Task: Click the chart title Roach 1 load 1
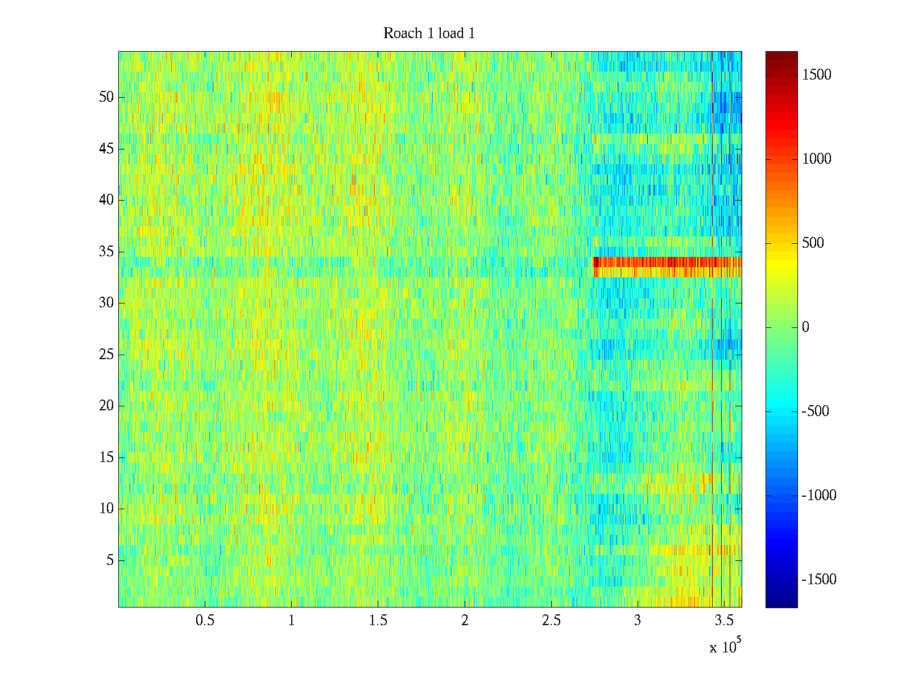tap(429, 34)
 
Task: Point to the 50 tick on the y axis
tap(106, 97)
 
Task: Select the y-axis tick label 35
tap(106, 252)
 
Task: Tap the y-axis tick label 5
tap(110, 560)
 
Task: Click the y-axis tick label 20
tap(106, 406)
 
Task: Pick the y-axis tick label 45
tap(106, 149)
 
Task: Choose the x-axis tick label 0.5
tap(205, 621)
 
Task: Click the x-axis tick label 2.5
tap(551, 621)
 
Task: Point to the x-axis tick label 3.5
tap(724, 621)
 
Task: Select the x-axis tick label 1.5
tap(378, 621)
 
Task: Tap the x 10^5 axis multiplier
tap(725, 647)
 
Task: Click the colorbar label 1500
tap(817, 75)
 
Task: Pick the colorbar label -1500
tap(819, 580)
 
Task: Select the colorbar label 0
tap(805, 327)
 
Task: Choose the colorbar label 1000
tap(817, 159)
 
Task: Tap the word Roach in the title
tap(403, 34)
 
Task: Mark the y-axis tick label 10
tap(106, 509)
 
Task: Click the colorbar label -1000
tap(819, 496)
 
